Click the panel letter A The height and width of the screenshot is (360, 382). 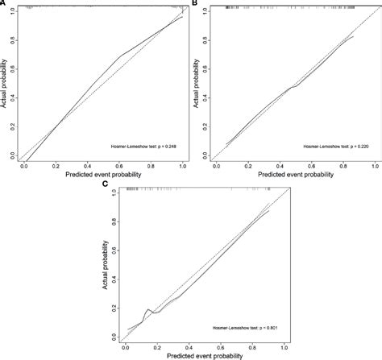(3, 4)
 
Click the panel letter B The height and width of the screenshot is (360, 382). (197, 4)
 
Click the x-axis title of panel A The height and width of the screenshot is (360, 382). (103, 174)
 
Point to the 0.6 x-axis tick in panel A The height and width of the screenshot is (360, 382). (120, 165)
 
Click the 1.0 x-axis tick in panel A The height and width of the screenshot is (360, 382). (183, 165)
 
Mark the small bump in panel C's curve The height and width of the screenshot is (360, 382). (148, 309)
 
